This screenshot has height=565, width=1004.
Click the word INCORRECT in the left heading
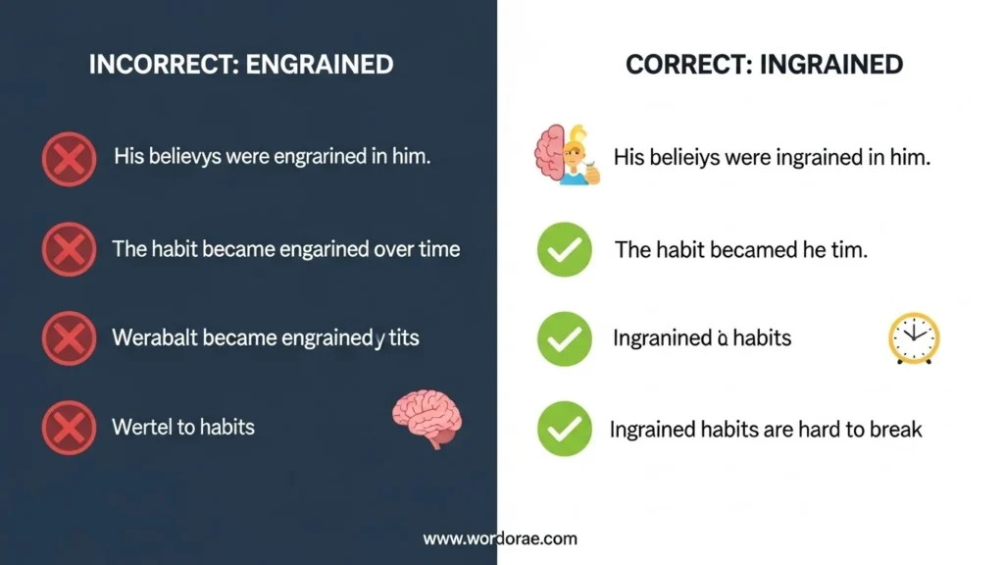pos(160,66)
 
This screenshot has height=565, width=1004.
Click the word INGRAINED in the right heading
pos(835,66)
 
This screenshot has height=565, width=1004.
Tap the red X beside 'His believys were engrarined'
pos(69,158)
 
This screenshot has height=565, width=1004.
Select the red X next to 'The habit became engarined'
pos(69,249)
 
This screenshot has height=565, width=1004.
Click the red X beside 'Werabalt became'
pos(69,339)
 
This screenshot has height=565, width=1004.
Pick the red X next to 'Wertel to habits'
pos(69,428)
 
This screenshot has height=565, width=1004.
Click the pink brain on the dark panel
pos(427,418)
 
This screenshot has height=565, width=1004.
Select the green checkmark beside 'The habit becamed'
pos(565,249)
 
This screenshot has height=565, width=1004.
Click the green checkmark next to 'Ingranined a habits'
pos(565,339)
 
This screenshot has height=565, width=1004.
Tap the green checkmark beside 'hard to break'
pos(565,429)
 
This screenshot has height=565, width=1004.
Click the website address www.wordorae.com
pos(500,539)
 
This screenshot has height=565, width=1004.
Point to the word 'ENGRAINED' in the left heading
pos(320,66)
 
